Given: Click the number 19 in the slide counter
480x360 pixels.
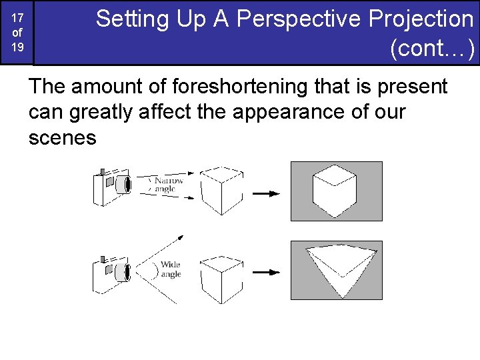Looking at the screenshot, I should [17, 47].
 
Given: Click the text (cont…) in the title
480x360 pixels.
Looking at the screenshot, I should [433, 49].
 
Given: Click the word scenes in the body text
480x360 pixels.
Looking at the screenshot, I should [63, 138].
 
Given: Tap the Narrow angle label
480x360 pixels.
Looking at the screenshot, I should [168, 185].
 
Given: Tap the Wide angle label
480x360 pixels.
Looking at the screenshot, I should [170, 269].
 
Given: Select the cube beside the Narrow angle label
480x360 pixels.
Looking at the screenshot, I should [221, 189].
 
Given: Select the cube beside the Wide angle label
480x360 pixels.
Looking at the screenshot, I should [221, 275].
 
